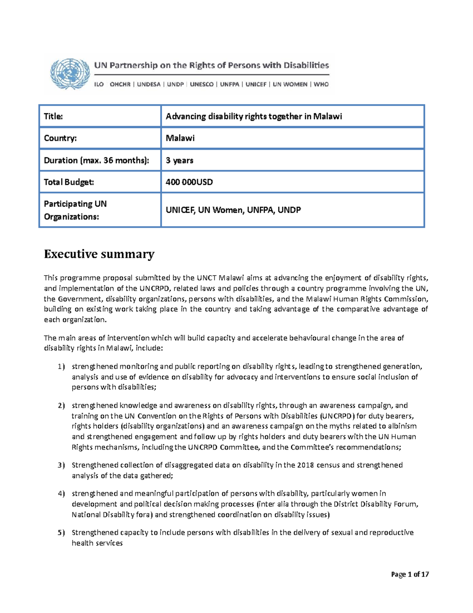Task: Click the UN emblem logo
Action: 70,74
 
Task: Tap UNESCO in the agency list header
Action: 201,84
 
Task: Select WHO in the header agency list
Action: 321,84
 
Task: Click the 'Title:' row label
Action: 53,116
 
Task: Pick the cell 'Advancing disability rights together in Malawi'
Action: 253,116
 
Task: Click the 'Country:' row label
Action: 60,138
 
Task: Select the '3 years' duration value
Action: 179,160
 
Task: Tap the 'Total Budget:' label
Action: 69,182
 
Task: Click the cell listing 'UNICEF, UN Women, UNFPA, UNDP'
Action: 233,210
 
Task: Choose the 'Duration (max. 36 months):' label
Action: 97,160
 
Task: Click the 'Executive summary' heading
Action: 99,254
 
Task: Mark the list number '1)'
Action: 61,367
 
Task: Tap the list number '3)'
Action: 61,465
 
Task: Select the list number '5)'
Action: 61,533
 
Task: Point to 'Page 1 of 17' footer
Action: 410,574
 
